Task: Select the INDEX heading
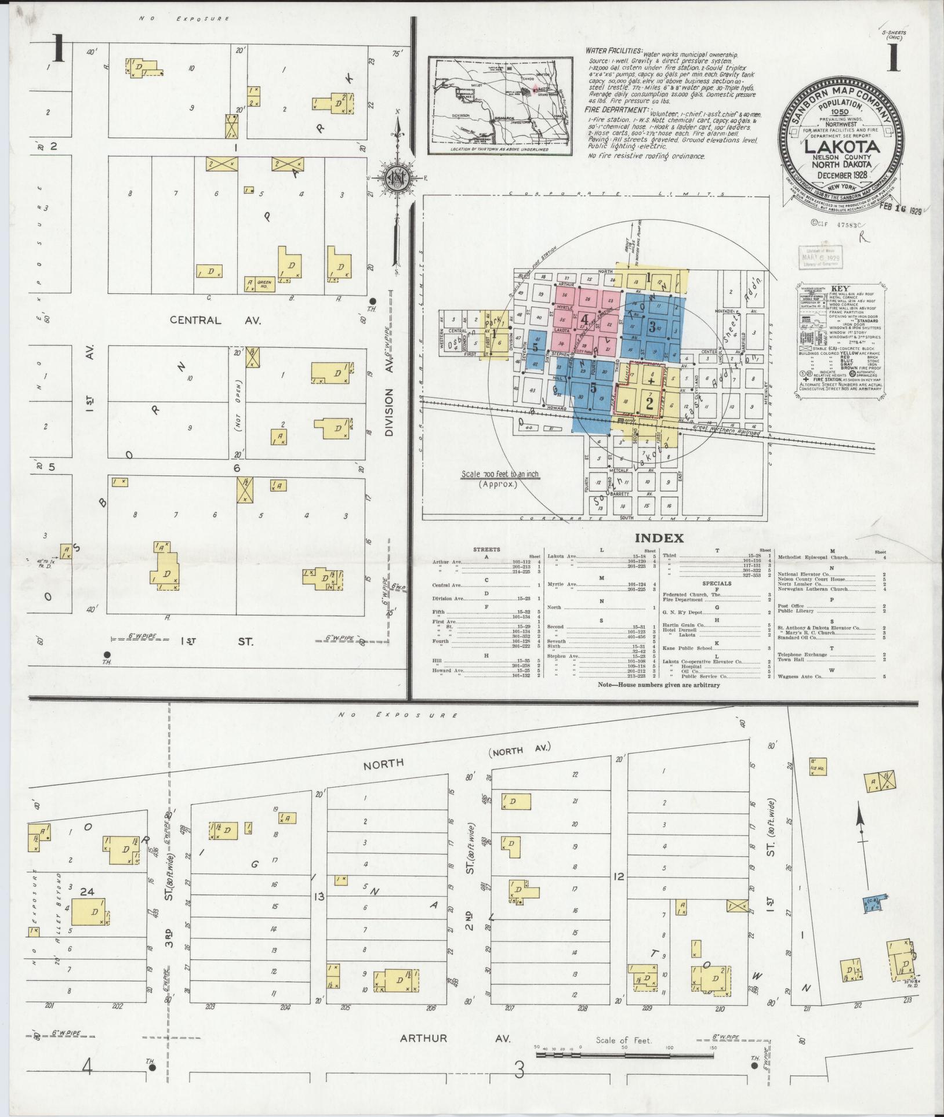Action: [x=659, y=538]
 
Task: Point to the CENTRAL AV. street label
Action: [x=215, y=320]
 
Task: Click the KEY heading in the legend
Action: [x=840, y=288]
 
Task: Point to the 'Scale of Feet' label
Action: [x=624, y=1040]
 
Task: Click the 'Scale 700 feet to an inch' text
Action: [x=500, y=475]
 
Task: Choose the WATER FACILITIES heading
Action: [x=613, y=52]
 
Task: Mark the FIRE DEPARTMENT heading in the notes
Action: [x=616, y=110]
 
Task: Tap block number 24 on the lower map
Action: [x=87, y=892]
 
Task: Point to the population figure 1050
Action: [x=840, y=111]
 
